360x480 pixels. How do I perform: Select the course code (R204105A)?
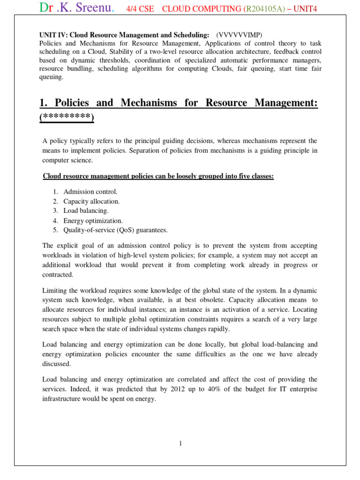point(263,9)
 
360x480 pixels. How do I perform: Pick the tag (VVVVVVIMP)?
point(240,35)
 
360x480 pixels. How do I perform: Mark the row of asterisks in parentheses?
point(67,117)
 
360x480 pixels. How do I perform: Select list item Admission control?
point(90,192)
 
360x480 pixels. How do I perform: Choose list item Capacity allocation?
point(91,201)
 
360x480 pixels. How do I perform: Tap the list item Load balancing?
point(86,210)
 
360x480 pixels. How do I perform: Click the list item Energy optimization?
point(93,220)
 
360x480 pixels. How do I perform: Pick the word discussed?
point(57,364)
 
